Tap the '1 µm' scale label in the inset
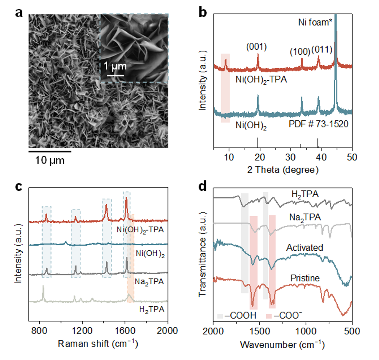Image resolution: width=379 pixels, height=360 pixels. (113, 67)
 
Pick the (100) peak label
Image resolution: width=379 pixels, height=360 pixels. (300, 52)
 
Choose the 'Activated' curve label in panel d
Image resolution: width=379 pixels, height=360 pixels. (306, 247)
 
